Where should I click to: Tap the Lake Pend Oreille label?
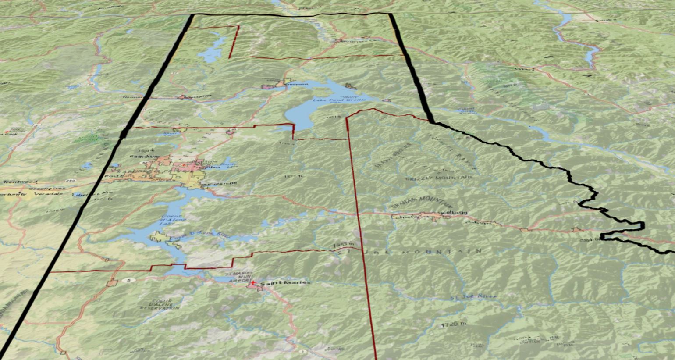coord(339,100)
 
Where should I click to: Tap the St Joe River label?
coord(474,297)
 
